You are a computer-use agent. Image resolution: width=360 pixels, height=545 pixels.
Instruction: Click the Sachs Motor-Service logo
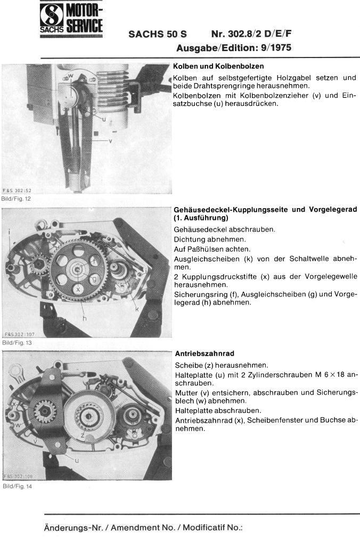point(71,19)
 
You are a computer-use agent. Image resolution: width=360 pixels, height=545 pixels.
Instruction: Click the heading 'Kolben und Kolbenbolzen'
point(218,66)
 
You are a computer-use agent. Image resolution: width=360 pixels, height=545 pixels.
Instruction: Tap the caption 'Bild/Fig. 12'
point(16,199)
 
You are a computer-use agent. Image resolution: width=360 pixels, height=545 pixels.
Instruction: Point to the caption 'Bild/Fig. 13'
point(17,343)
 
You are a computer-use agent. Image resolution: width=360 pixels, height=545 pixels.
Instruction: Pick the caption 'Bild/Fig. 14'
point(17,486)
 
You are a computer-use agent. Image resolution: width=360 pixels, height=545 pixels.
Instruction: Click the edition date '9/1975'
point(276,47)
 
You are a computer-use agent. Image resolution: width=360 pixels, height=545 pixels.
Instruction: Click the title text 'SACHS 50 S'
point(158,34)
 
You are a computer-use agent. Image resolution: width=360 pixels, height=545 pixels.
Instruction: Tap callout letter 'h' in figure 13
point(85,318)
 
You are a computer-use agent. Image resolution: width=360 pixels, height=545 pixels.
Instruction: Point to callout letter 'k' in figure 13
point(137,308)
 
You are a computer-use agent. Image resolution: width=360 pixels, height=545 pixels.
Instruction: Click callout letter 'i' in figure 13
point(10,230)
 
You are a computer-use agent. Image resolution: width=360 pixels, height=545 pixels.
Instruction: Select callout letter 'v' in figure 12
point(110,141)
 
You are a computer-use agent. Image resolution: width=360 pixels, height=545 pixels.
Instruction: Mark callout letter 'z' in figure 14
point(83,435)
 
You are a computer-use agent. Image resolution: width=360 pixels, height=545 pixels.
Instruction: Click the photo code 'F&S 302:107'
point(20,334)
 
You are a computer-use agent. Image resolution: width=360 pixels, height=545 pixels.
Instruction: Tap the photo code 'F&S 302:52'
point(17,191)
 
